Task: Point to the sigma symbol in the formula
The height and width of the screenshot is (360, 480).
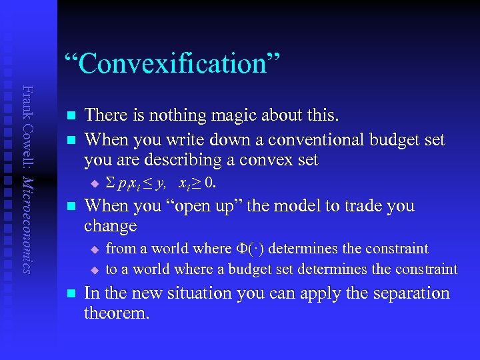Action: pyautogui.click(x=111, y=183)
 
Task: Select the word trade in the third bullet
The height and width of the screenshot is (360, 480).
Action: pyautogui.click(x=355, y=206)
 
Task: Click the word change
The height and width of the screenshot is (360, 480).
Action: pyautogui.click(x=111, y=226)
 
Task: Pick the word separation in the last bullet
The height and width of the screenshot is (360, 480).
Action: pyautogui.click(x=405, y=293)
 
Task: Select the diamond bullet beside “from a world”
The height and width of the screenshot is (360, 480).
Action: pyautogui.click(x=94, y=249)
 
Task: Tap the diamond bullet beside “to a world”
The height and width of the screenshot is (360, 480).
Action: pyautogui.click(x=94, y=269)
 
